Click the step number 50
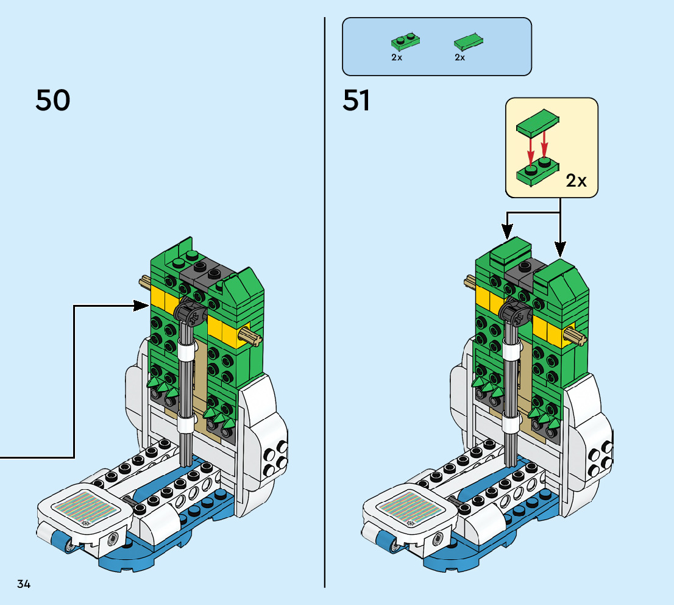(52, 101)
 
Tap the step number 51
(357, 101)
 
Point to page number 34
(24, 584)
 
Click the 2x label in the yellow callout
(576, 181)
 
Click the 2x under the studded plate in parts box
(397, 57)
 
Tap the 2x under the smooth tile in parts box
(460, 57)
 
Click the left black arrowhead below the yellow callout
(507, 232)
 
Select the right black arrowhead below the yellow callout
(560, 249)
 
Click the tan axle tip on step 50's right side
(250, 333)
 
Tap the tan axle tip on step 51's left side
(470, 281)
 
